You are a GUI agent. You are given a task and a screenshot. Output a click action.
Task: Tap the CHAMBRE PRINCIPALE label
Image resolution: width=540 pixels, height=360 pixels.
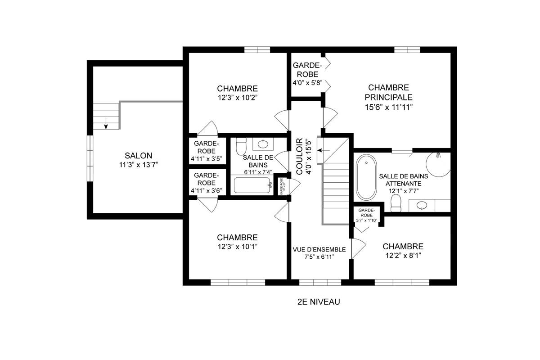(388, 92)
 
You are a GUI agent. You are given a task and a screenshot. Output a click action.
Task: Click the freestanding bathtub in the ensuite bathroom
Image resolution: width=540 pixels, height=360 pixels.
(367, 178)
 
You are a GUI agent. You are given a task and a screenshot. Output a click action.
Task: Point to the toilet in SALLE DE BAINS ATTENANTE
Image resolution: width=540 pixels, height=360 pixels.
(396, 203)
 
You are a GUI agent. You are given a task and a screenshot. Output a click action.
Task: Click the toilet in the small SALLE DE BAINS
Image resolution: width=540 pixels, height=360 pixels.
(242, 145)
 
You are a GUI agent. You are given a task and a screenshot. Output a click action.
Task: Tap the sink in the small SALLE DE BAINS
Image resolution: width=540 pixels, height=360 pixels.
(262, 144)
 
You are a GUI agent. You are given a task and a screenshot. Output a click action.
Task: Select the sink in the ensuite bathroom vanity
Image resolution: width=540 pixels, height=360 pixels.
(422, 206)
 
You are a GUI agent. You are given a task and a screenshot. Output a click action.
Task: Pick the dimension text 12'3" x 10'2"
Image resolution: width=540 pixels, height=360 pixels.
(237, 97)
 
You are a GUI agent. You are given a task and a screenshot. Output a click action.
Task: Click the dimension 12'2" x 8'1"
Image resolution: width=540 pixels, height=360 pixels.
(403, 256)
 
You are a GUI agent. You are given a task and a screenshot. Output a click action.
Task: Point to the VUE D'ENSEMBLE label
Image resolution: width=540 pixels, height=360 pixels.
(319, 249)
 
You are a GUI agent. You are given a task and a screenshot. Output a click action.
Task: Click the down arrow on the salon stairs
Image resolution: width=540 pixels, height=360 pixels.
(106, 125)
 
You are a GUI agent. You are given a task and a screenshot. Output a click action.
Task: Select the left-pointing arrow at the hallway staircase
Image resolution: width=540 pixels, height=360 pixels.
(325, 149)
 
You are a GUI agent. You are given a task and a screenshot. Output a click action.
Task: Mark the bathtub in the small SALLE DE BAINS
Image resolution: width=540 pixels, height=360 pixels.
(252, 185)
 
